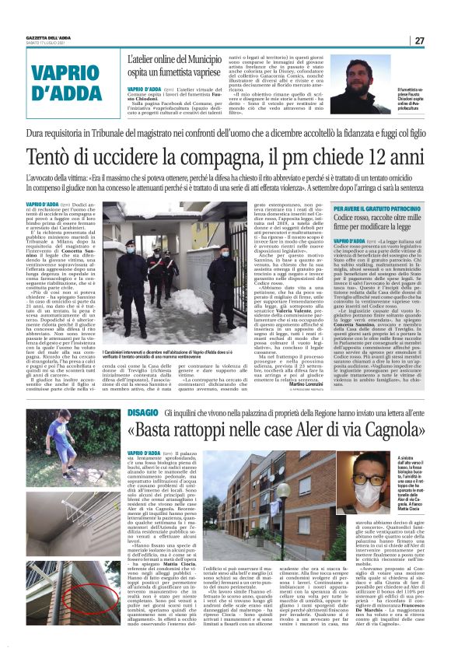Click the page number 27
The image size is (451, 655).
(x=419, y=40)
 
